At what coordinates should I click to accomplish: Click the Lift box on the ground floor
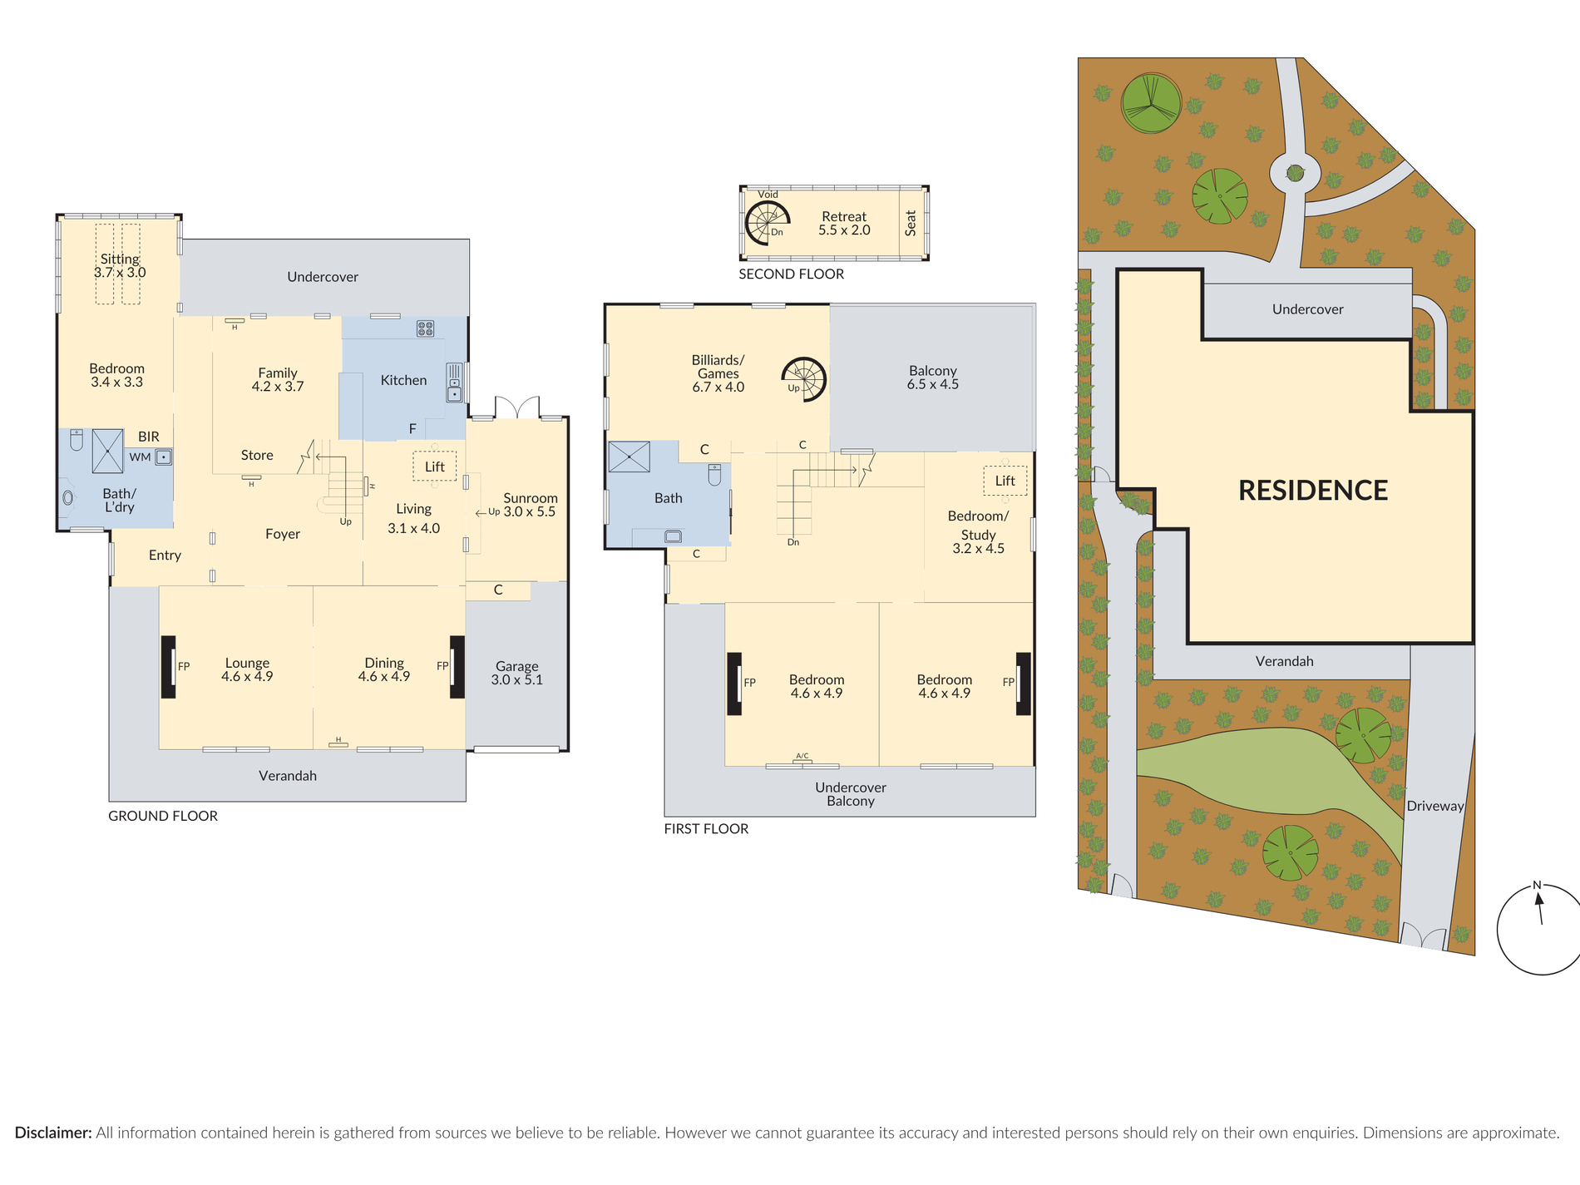click(435, 466)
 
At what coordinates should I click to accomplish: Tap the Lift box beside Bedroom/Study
click(1005, 480)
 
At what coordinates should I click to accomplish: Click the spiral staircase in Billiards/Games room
click(804, 379)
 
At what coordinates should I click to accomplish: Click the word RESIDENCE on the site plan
click(1313, 490)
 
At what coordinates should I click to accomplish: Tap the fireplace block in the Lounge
click(168, 667)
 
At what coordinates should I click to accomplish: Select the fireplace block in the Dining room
click(457, 667)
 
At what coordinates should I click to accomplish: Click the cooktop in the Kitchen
click(425, 328)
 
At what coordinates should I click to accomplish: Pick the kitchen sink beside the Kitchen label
click(455, 383)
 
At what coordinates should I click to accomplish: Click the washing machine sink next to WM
click(164, 457)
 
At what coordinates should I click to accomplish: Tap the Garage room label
click(517, 673)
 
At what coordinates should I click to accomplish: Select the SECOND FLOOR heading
click(791, 274)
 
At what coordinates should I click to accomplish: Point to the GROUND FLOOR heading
click(163, 816)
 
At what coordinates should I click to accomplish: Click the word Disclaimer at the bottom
click(53, 1133)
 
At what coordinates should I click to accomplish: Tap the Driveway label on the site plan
click(1435, 806)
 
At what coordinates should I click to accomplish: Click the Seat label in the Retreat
click(911, 223)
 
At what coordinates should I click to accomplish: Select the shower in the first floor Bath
click(630, 457)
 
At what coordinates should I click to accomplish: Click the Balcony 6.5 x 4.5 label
click(932, 378)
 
